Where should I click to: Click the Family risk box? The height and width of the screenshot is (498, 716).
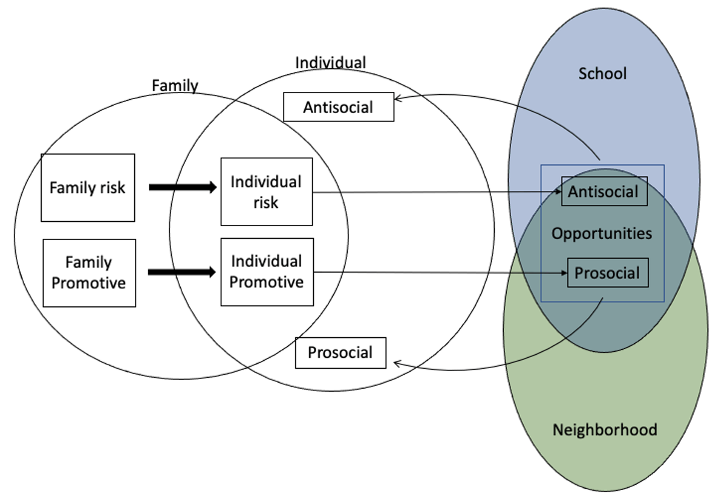tap(88, 187)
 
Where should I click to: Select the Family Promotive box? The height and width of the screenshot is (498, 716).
tap(89, 273)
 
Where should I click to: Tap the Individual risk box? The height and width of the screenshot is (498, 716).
tap(266, 192)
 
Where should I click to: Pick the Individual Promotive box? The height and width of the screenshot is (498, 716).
tap(267, 272)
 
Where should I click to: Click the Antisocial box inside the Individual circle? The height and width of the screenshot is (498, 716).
tap(339, 108)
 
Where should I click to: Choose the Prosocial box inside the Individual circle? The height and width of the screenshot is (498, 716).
tap(340, 352)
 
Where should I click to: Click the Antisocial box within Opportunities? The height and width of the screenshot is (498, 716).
tap(604, 192)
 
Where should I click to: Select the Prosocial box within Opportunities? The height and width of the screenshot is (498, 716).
tap(607, 273)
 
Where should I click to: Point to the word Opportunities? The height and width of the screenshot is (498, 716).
tap(602, 233)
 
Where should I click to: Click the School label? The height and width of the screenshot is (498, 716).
tap(602, 74)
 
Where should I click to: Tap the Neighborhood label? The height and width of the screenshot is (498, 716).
tap(605, 430)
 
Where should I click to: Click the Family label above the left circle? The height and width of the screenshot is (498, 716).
tap(175, 86)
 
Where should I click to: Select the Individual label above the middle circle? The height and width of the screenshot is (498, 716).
tap(330, 63)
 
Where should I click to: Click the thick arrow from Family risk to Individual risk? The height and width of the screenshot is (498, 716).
tap(182, 187)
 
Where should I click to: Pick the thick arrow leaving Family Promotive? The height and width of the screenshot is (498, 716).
tap(182, 273)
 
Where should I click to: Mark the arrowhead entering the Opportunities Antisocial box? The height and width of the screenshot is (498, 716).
tap(558, 193)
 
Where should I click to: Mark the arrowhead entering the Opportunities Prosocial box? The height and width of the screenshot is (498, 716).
tap(563, 273)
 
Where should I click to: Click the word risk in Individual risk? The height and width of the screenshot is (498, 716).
tap(266, 202)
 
